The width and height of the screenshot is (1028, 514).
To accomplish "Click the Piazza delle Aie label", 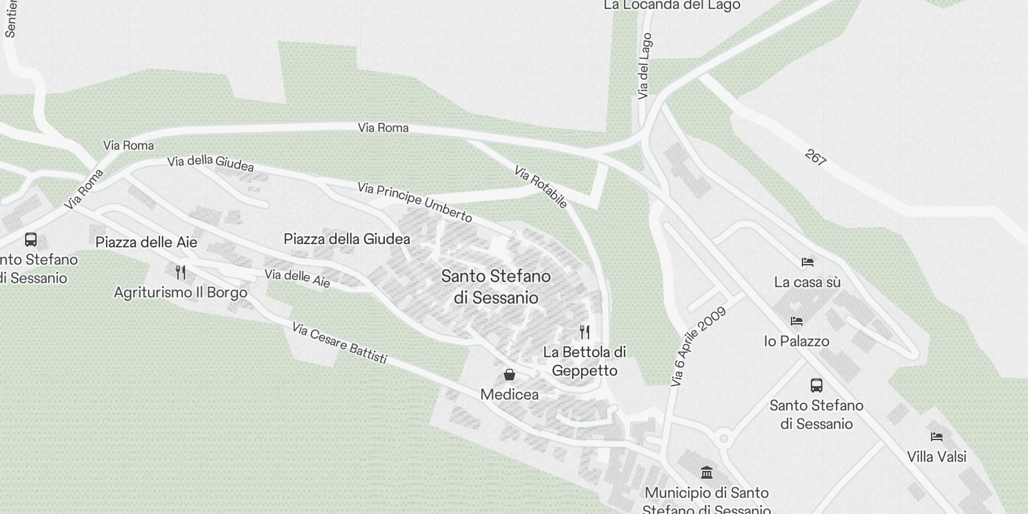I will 146,242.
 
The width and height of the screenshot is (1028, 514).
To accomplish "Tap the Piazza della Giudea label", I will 347,239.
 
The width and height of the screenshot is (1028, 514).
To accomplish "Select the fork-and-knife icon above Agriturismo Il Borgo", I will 181,272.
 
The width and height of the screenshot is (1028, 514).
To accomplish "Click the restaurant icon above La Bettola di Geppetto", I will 585,332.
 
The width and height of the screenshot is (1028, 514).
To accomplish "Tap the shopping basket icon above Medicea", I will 510,375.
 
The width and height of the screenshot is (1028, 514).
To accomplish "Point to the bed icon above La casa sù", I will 808,262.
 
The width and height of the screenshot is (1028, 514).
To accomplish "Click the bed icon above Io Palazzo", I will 797,321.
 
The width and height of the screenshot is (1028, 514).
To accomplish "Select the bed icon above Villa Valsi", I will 937,437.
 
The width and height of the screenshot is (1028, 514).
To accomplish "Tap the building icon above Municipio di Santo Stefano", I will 707,473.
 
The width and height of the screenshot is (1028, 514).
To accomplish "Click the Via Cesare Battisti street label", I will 339,343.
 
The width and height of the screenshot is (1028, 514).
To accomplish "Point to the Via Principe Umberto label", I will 415,202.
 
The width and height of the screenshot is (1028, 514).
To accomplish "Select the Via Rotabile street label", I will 541,187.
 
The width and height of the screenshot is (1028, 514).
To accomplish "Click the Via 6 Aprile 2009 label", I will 698,347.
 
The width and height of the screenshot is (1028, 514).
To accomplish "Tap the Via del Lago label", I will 645,66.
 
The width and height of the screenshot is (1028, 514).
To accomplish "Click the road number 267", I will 815,158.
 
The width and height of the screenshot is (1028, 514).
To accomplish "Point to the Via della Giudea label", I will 211,163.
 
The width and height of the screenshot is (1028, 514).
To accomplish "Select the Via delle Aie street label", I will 297,278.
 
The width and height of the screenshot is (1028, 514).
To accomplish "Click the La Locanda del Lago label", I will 672,5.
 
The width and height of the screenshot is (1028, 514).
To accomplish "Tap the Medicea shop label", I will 510,394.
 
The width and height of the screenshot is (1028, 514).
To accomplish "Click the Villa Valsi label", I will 937,457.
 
